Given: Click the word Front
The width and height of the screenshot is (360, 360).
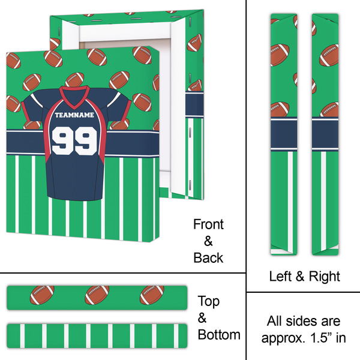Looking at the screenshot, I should click(x=208, y=225).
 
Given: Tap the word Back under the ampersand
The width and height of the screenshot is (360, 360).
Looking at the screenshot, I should click(x=208, y=258).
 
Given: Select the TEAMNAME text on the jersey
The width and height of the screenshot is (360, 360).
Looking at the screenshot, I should click(x=74, y=115).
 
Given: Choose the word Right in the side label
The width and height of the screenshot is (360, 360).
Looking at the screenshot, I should click(x=325, y=277).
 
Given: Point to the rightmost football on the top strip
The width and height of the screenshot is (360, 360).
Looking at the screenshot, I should click(x=152, y=294).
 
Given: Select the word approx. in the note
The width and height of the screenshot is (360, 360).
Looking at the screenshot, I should click(x=279, y=338).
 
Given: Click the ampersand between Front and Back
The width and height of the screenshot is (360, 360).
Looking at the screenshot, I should click(x=208, y=241).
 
